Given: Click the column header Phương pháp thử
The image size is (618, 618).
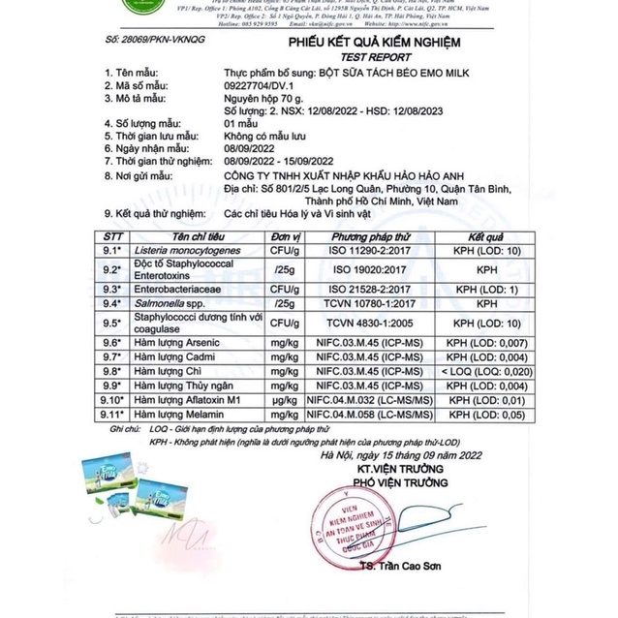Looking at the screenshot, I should [373, 236].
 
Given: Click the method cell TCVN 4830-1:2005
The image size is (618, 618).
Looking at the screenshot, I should [373, 323].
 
